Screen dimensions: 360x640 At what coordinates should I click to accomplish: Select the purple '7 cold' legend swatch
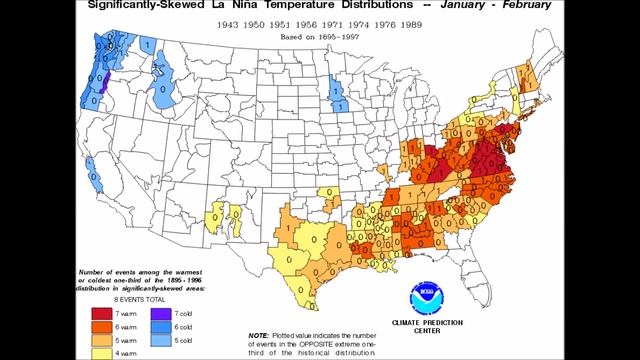click(161, 313)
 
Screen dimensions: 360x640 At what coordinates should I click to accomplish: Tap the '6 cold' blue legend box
click(161, 327)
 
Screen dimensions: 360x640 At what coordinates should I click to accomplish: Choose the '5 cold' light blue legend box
click(161, 341)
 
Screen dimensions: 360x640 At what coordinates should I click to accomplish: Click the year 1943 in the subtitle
click(223, 22)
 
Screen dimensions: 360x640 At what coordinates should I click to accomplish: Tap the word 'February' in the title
click(525, 6)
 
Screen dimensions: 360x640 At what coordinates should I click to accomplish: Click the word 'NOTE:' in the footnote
click(258, 335)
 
